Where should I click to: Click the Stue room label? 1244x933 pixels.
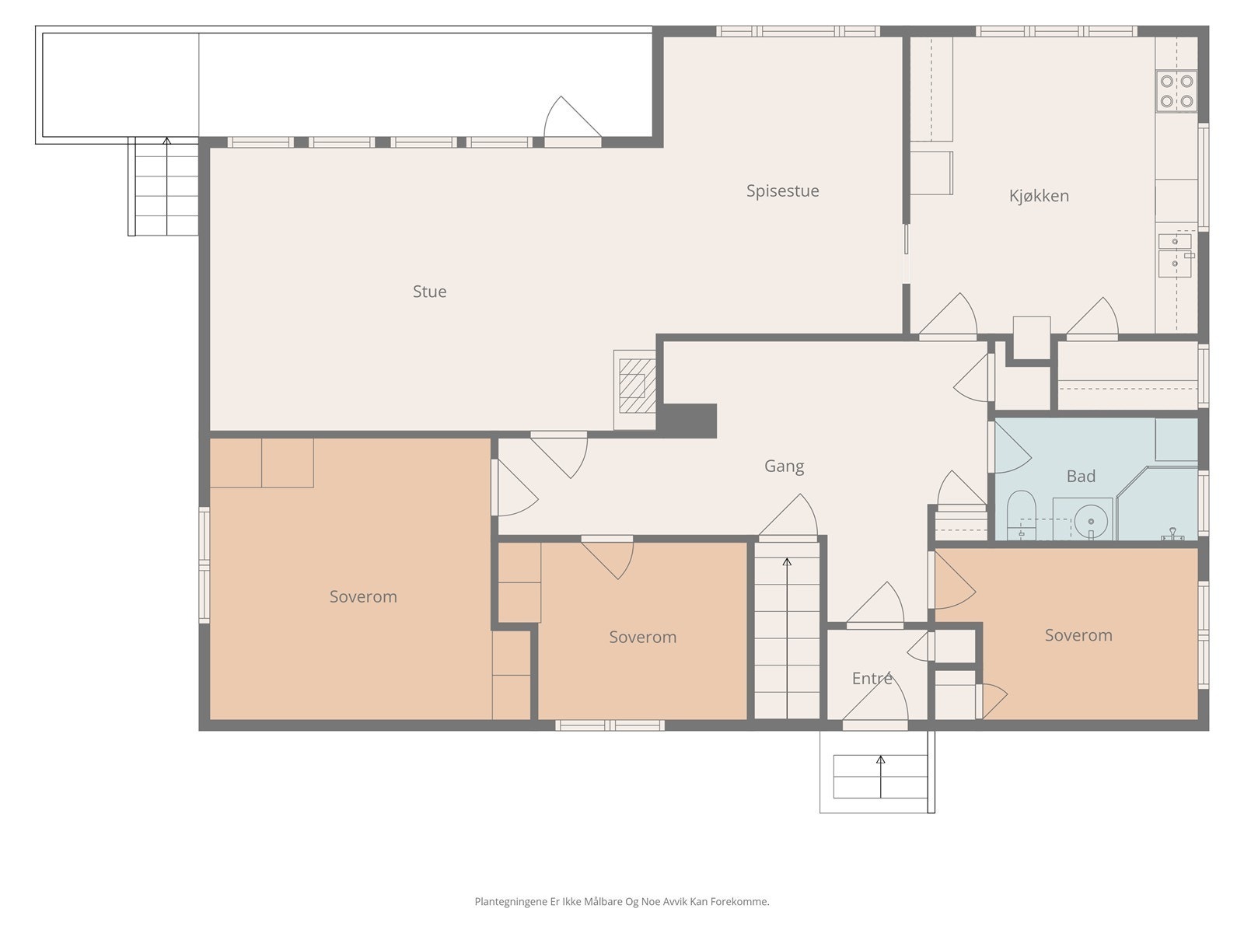(x=429, y=291)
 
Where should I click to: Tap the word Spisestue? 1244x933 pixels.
(x=782, y=191)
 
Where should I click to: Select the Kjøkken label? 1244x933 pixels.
(x=1038, y=196)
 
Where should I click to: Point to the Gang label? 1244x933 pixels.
(x=784, y=466)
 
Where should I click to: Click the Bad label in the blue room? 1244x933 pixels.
(x=1080, y=477)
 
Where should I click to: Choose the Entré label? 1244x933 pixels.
(x=872, y=678)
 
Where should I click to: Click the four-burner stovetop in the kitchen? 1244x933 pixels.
(x=1176, y=91)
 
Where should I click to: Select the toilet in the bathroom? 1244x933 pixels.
(x=1021, y=515)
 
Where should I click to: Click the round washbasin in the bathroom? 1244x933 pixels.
(x=1090, y=521)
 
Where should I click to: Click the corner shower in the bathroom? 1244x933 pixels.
(x=1157, y=502)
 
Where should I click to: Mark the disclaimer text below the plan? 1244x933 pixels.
(x=622, y=901)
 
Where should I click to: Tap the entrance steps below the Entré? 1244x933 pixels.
(x=879, y=777)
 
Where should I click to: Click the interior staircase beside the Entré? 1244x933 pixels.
(x=787, y=631)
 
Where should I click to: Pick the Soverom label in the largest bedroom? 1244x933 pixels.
(x=363, y=596)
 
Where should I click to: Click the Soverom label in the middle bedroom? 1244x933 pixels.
(x=643, y=638)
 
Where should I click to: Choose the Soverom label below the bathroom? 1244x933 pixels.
(x=1078, y=635)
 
